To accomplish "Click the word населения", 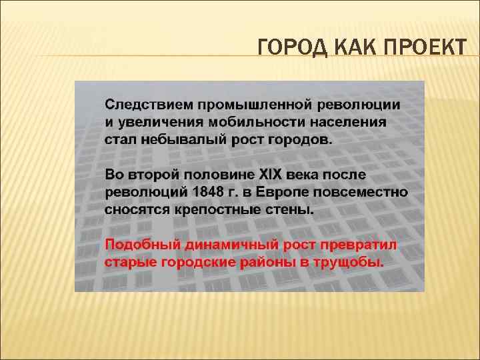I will pyautogui.click(x=351, y=123).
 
